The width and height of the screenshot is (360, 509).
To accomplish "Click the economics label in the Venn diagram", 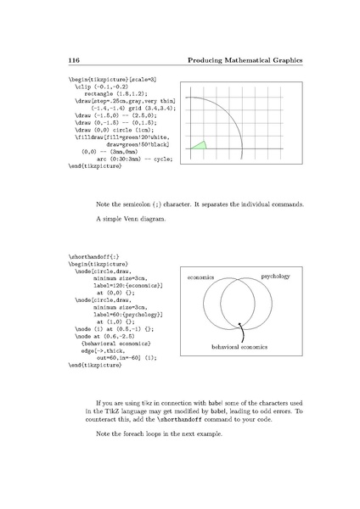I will point(197,277).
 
